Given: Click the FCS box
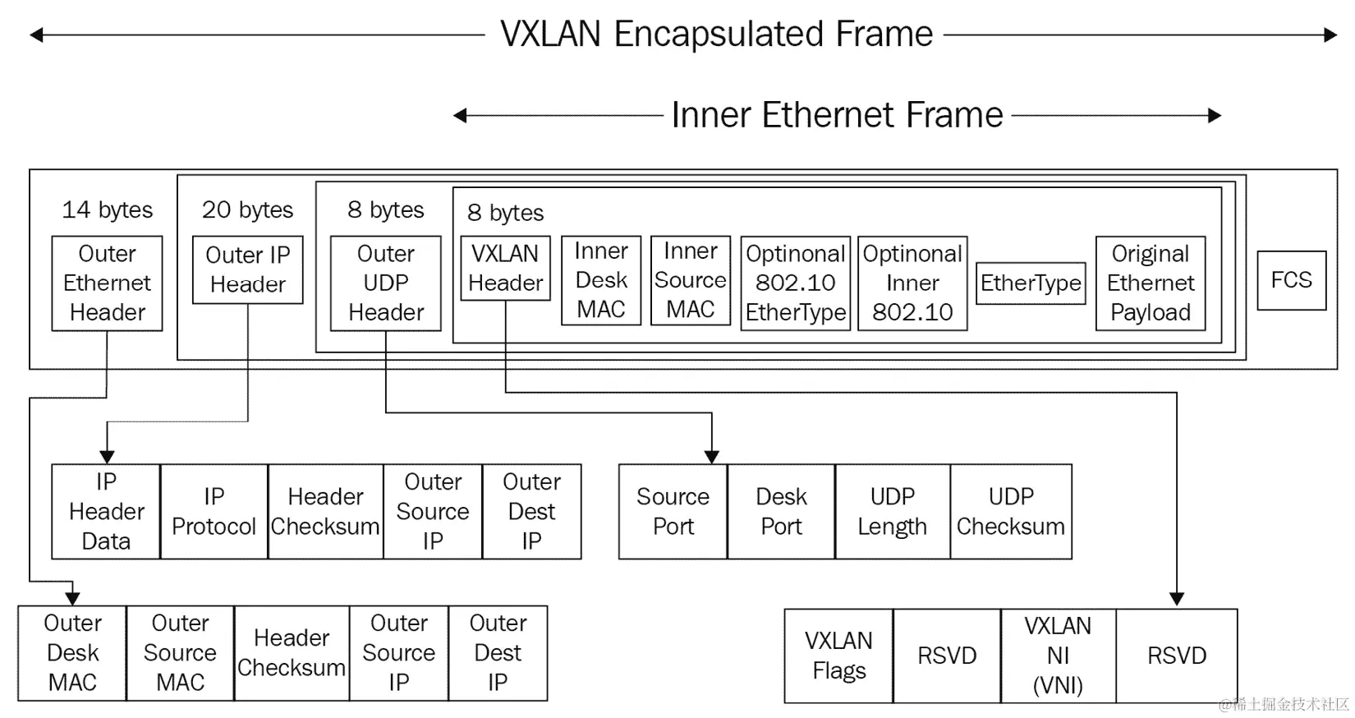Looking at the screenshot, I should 1291,280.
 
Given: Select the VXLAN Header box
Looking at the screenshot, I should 505,269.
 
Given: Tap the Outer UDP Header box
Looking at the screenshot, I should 385,283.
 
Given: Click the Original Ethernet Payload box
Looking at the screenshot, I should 1150,283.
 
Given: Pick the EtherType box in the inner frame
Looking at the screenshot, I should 1031,283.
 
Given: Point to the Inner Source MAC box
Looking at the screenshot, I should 690,280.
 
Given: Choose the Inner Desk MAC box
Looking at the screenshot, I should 601,280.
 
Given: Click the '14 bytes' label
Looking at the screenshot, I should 108,210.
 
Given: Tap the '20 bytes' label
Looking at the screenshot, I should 247,210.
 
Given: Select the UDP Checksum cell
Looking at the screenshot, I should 1010,511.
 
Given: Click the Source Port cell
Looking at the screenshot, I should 673,511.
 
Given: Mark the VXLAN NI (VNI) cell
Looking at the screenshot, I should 1058,656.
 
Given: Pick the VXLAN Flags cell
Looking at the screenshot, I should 838,656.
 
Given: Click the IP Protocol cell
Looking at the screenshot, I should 214,511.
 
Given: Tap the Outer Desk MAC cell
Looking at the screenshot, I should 72,653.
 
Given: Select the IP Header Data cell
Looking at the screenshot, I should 106,511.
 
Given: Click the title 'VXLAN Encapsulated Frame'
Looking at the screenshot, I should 716,35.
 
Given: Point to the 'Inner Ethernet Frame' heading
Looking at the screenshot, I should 837,115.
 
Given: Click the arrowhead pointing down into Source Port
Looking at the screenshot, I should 711,457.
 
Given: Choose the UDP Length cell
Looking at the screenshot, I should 892,511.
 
